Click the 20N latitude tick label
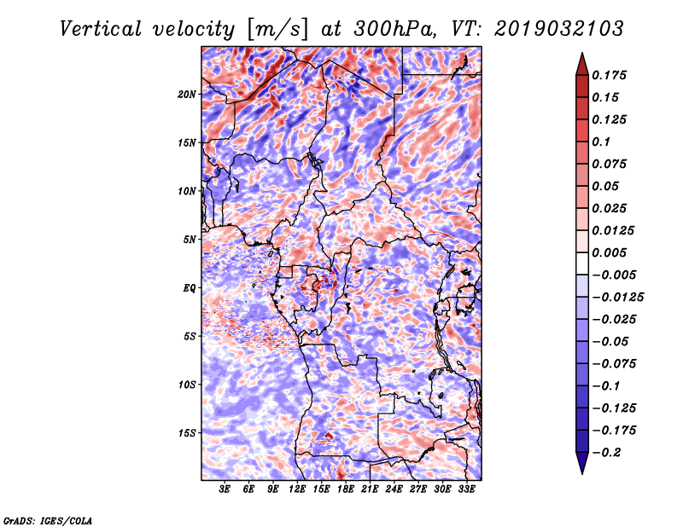coord(187,94)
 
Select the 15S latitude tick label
coord(187,432)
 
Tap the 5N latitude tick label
coord(190,239)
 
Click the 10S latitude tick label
coord(187,384)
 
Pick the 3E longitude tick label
coord(225,489)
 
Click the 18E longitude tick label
coord(346,489)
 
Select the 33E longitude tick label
coord(466,489)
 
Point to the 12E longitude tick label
coord(297,489)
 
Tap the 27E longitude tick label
coord(418,489)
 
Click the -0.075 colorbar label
coord(617,364)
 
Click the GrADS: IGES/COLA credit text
coord(47,519)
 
